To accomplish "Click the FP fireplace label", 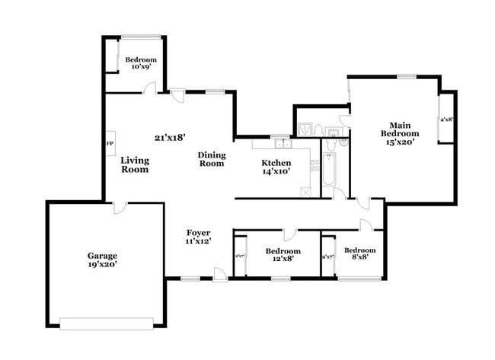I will (109, 143).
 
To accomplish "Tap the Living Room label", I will (135, 164).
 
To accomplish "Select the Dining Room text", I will (211, 159).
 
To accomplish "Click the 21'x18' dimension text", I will (170, 138).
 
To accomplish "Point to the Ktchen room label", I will (276, 163).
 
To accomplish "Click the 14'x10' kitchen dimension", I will (276, 172).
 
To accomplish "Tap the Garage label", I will (101, 256).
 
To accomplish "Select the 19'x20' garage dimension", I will (101, 265).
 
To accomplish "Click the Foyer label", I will (199, 232).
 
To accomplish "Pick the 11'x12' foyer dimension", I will (199, 241).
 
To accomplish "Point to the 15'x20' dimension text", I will (400, 142).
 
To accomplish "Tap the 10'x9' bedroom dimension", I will (141, 67).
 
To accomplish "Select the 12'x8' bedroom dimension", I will (283, 259).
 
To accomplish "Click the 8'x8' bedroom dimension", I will (359, 259).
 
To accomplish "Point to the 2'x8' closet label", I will (446, 119).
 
